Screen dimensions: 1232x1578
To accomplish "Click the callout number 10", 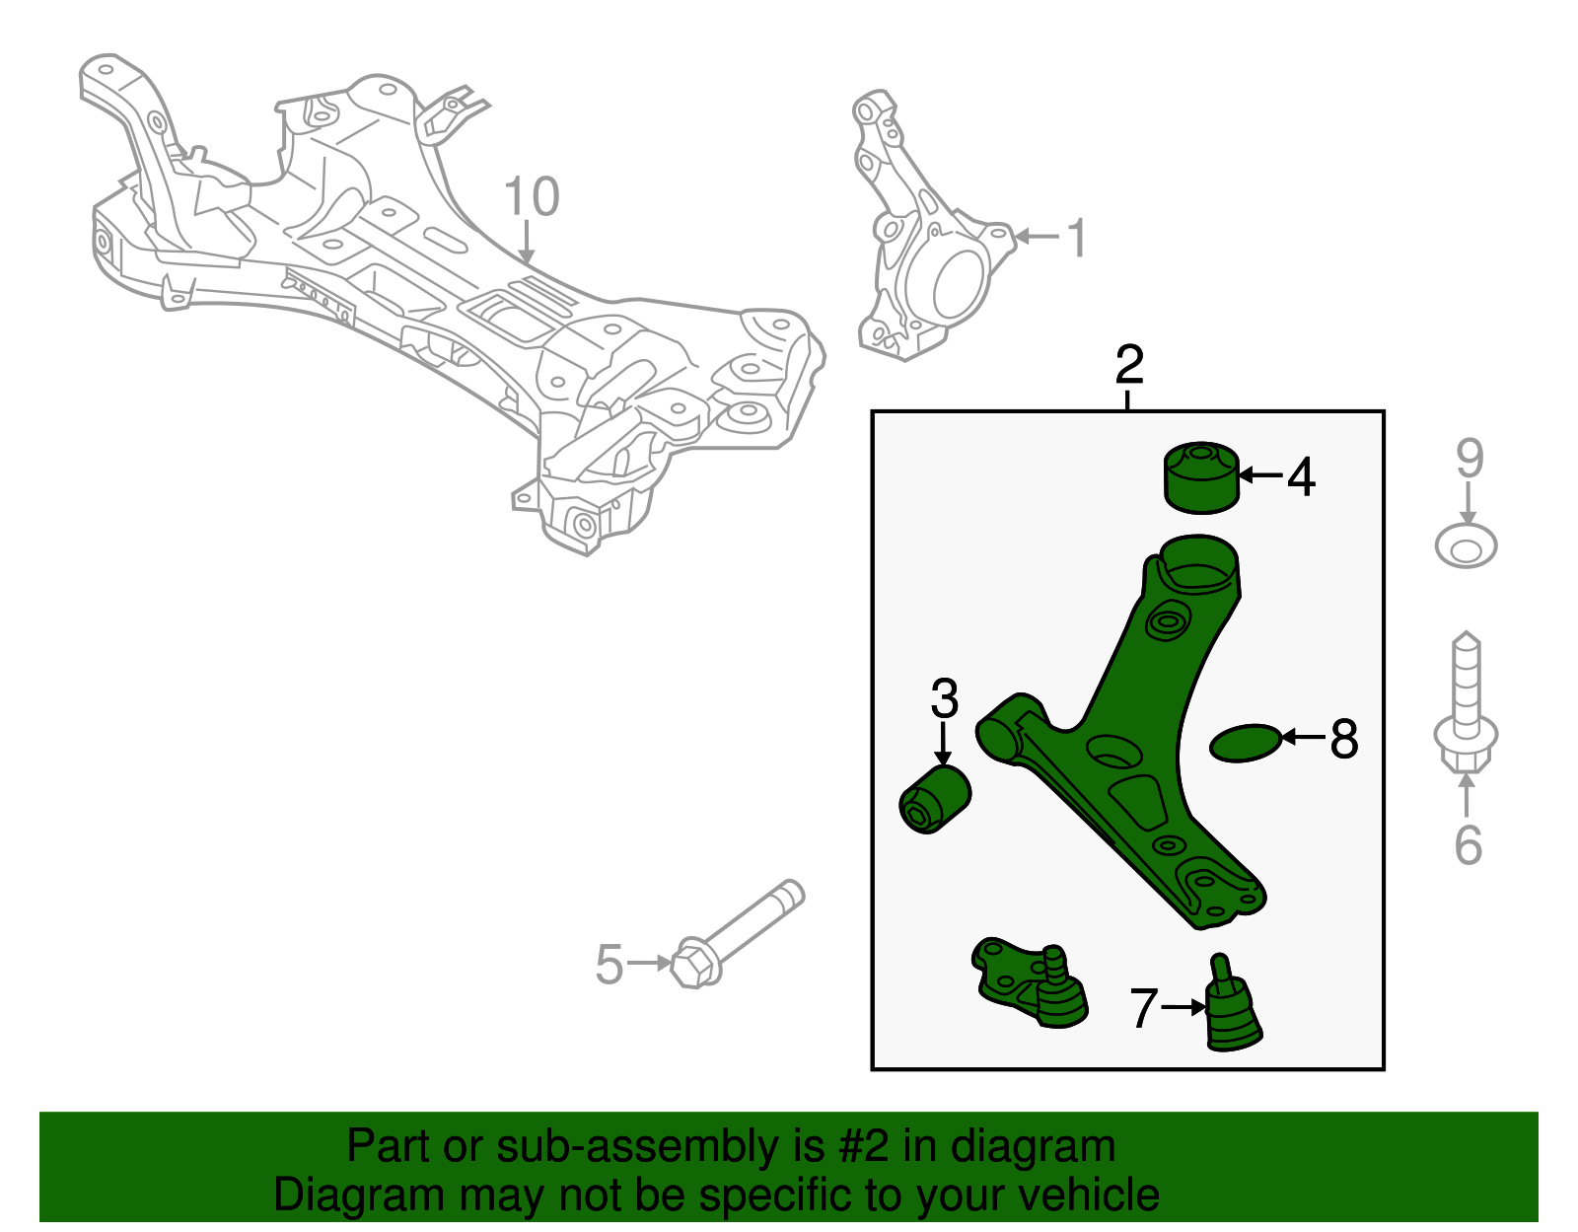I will (532, 197).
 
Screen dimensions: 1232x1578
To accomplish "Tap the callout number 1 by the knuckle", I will (1077, 238).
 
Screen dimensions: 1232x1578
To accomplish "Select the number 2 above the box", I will (1128, 365).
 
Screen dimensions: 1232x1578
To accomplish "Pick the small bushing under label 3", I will (936, 799).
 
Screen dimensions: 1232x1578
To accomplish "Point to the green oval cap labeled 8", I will (1245, 744).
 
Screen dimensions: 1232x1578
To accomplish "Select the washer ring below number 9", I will (1466, 546).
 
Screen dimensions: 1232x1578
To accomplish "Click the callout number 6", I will (1468, 845).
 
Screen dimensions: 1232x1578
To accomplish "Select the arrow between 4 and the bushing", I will (1259, 475).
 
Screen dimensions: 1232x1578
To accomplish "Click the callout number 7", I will (1142, 1008).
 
